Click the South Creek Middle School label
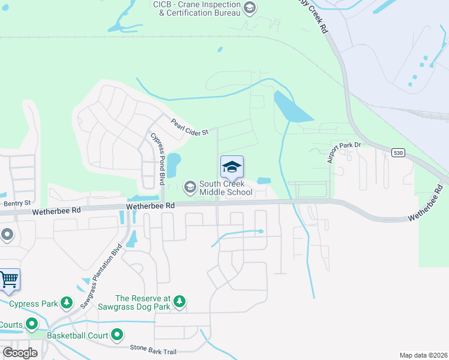point(226,188)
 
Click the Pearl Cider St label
point(189,127)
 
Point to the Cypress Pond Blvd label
point(158,158)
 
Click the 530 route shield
point(399,154)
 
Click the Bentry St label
point(17,203)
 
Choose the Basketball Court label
point(79,335)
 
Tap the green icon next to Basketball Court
point(117,335)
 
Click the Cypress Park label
point(32,303)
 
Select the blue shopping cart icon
point(8,279)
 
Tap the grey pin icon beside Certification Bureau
point(250,8)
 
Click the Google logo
point(20,353)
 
